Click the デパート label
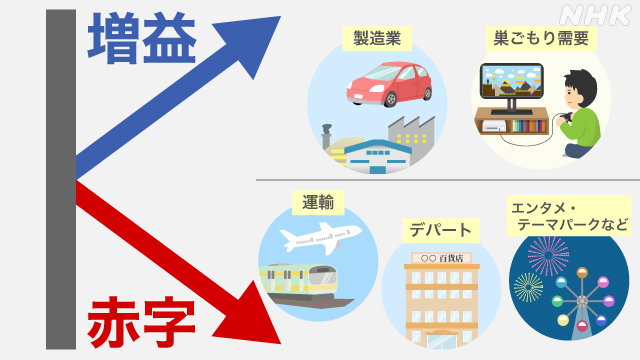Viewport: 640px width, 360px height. (439, 230)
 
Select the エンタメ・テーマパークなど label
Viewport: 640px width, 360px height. (569, 216)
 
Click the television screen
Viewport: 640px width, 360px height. (510, 83)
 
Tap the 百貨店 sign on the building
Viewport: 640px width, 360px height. (441, 258)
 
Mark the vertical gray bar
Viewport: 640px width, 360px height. (61, 180)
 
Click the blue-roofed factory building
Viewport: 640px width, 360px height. (381, 154)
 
